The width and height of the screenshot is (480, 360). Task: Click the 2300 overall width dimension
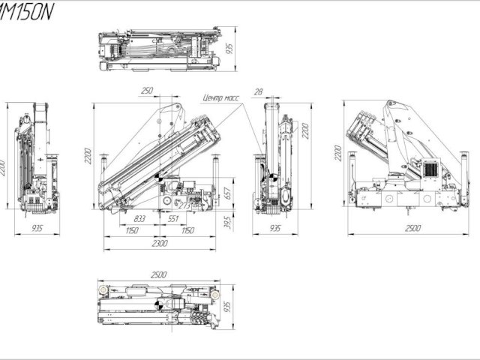tap(160, 243)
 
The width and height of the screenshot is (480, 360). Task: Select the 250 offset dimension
tap(147, 91)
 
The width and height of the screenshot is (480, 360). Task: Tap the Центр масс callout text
tap(223, 97)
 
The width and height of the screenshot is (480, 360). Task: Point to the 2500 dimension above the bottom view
tap(159, 275)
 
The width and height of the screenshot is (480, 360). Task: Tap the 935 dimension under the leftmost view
tap(37, 228)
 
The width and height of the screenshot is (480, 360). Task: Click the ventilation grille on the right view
tap(431, 169)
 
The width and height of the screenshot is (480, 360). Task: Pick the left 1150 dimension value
tap(132, 230)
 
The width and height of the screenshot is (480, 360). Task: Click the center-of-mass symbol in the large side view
tap(158, 177)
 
